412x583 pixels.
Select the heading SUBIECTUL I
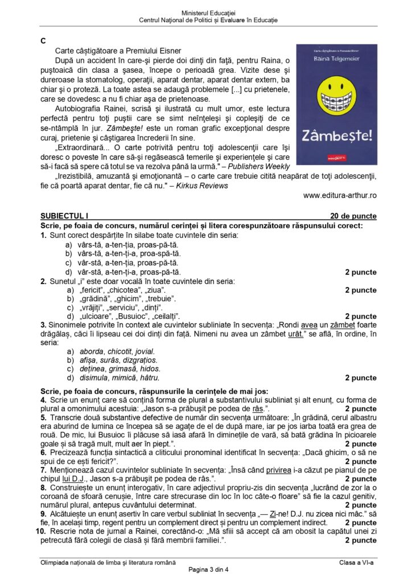(65, 216)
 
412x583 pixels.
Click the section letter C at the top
(43, 42)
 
